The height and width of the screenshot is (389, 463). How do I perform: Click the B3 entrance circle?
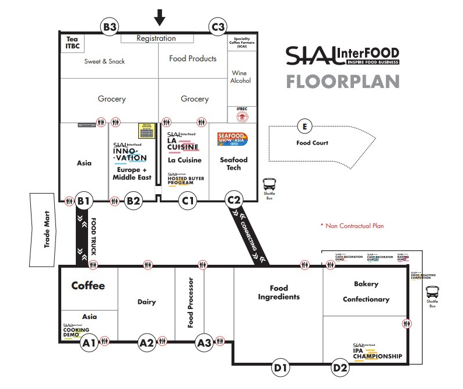[110, 27]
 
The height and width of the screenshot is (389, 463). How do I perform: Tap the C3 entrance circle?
[218, 27]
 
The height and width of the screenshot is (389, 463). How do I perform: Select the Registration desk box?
[156, 38]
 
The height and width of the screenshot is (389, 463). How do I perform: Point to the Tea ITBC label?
[72, 43]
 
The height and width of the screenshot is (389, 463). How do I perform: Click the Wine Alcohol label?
[240, 77]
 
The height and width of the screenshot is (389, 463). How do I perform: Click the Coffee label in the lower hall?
[88, 285]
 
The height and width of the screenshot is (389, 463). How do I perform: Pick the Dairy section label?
[147, 302]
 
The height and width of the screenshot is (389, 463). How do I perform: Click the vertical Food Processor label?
[190, 302]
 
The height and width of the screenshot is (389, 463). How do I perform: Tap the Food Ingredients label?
[279, 292]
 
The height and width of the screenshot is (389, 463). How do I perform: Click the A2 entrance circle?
[146, 343]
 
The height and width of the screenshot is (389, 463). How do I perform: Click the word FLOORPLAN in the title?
[343, 80]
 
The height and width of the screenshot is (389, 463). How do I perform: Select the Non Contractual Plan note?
[351, 226]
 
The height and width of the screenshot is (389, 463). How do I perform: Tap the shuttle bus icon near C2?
[269, 184]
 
